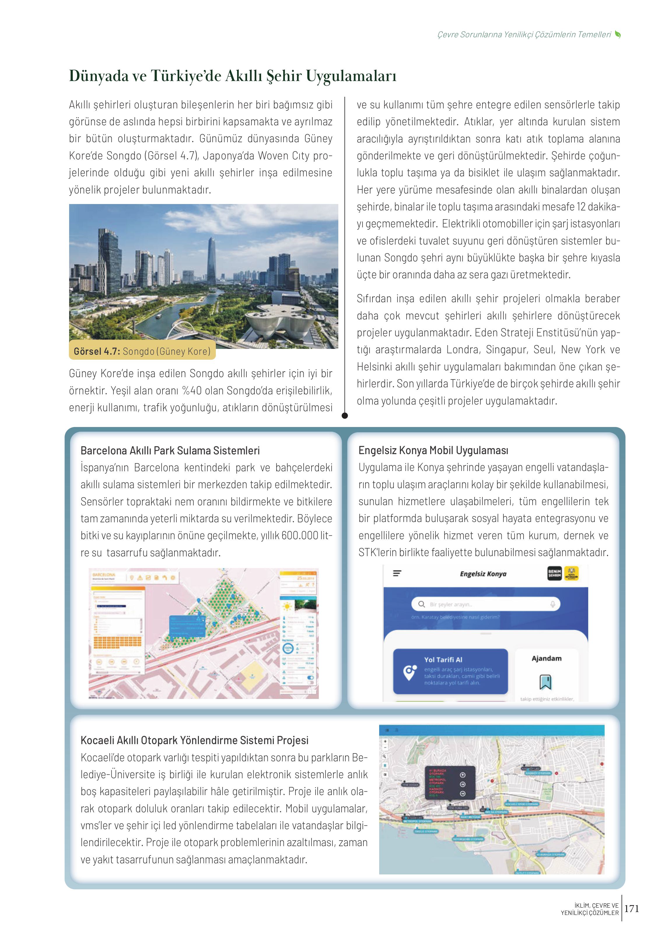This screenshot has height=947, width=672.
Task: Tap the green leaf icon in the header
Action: [x=618, y=34]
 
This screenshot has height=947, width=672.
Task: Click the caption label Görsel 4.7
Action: [x=97, y=351]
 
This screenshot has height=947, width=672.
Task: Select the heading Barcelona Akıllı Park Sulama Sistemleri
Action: [x=170, y=450]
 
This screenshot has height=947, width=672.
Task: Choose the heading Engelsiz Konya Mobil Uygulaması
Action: [x=433, y=450]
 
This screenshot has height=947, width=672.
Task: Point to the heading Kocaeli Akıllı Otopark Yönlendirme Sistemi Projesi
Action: [x=195, y=740]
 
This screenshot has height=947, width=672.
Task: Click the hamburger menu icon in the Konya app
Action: [x=397, y=574]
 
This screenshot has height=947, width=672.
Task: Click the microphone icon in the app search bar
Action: [x=552, y=604]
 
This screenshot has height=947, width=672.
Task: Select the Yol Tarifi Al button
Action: [x=450, y=671]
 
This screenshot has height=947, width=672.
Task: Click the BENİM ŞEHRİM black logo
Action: [x=554, y=573]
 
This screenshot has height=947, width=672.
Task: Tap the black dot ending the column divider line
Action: [x=345, y=416]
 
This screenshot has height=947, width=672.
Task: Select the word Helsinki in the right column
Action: [x=374, y=367]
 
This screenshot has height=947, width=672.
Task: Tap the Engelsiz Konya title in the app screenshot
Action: [x=483, y=574]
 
